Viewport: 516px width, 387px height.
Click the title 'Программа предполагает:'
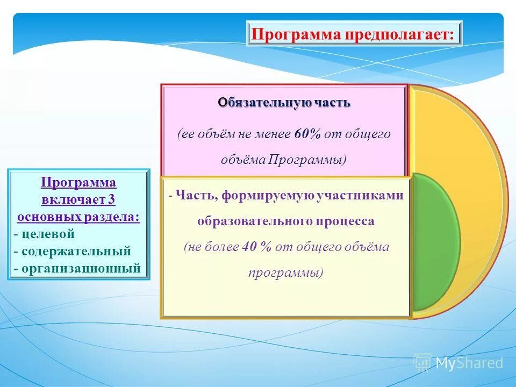click(x=354, y=34)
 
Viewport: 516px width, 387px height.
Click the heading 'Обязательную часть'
click(x=284, y=102)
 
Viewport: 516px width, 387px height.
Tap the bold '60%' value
click(x=307, y=134)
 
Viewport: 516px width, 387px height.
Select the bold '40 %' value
click(x=257, y=247)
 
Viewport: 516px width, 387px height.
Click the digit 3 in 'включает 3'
click(x=112, y=200)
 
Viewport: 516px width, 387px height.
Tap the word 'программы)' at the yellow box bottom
click(x=285, y=273)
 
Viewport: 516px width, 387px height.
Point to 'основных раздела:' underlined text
click(x=78, y=217)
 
